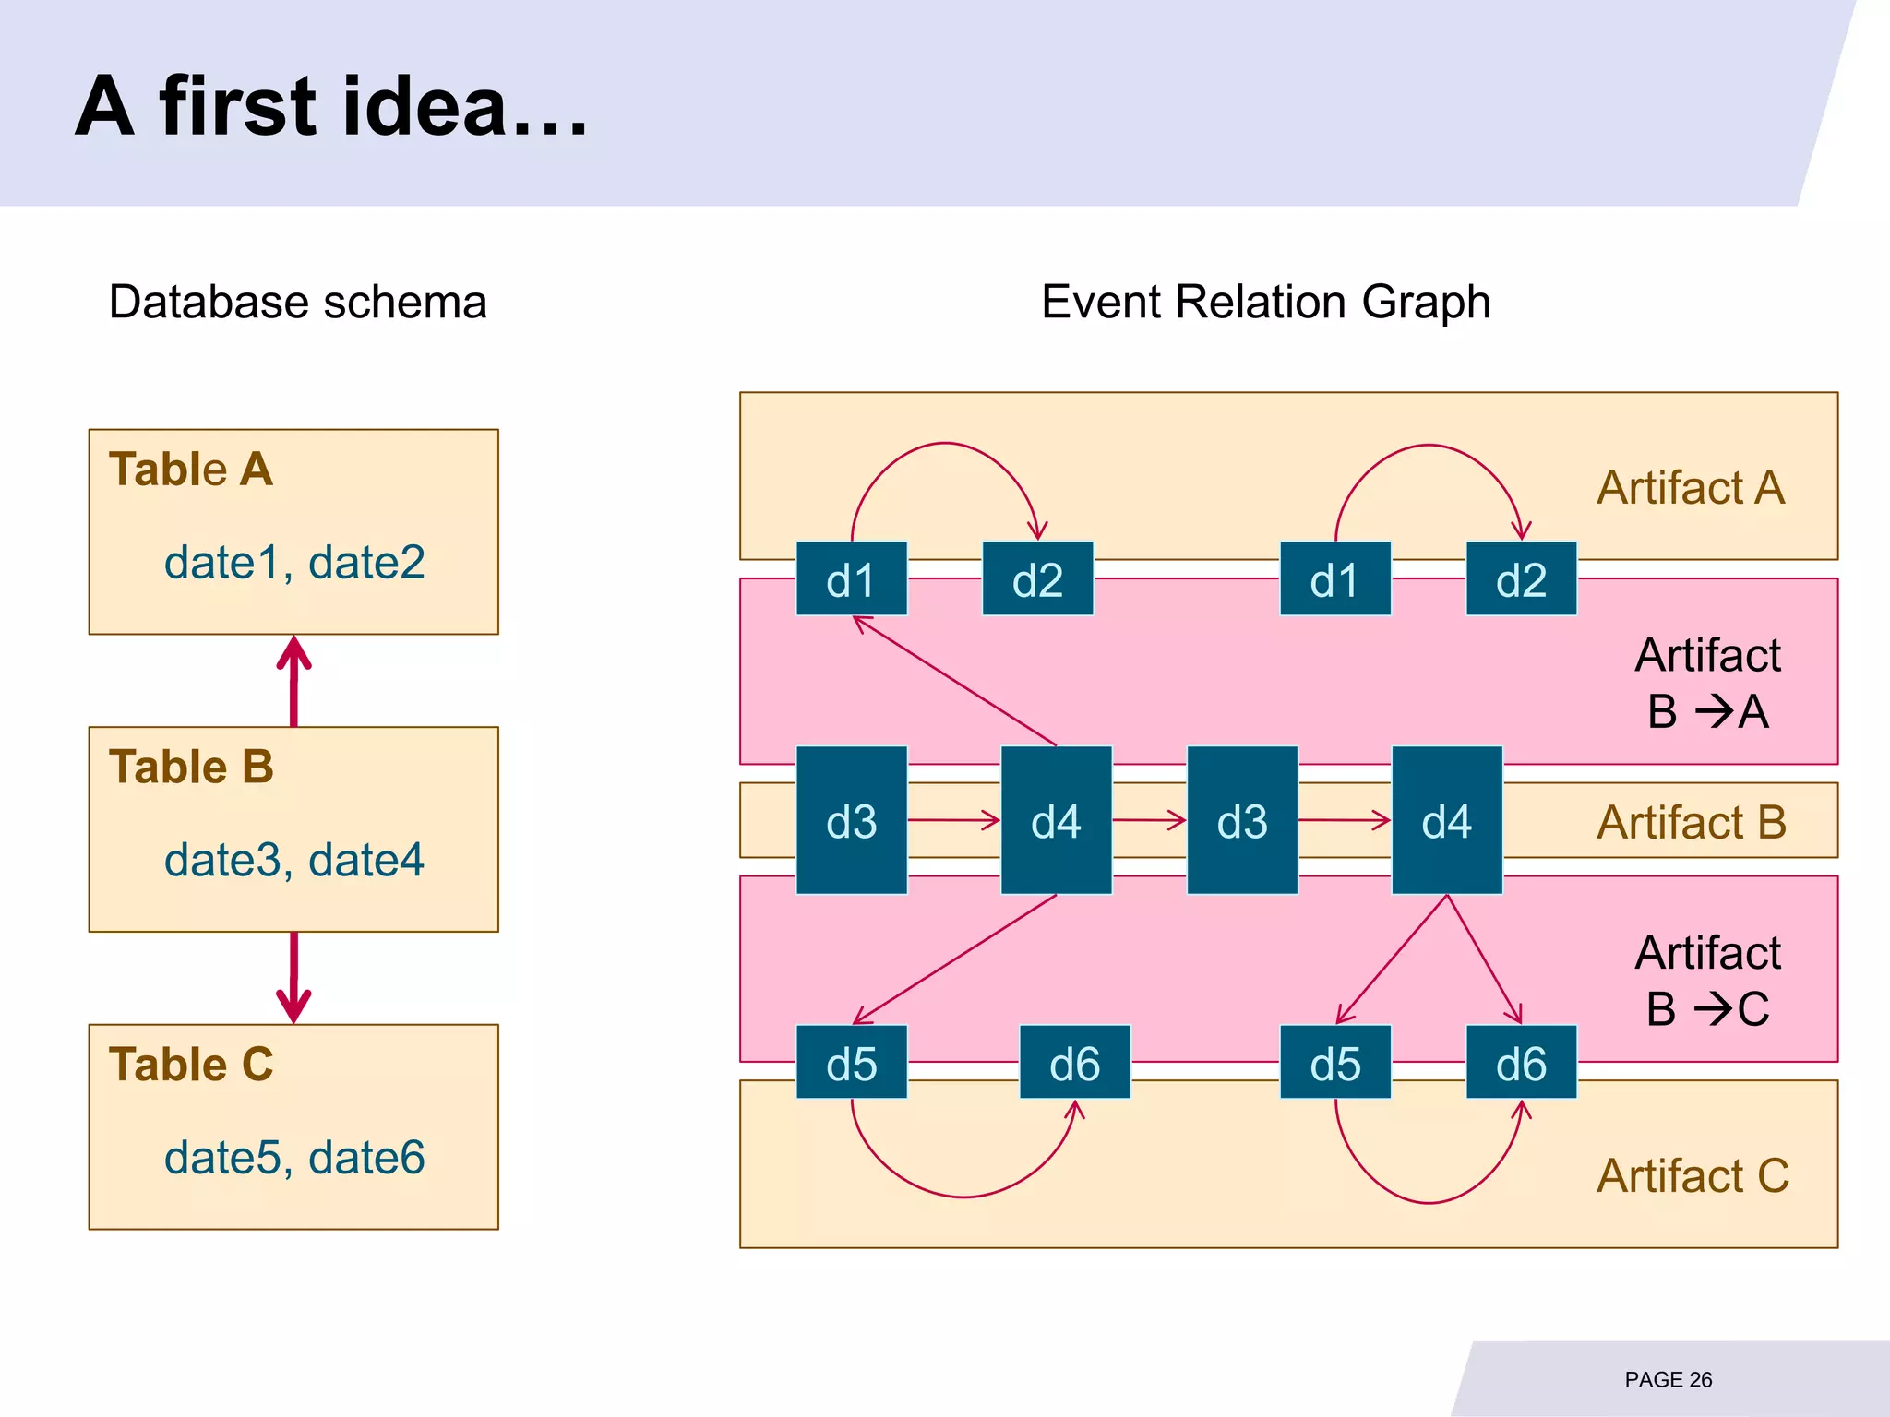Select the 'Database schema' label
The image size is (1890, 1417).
297,302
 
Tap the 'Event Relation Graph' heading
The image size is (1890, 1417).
1265,302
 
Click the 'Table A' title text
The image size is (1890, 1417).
191,470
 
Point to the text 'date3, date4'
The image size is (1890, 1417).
293,860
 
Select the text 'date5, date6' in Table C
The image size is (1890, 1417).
293,1158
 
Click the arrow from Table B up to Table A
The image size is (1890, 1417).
293,681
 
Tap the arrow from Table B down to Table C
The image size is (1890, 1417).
293,978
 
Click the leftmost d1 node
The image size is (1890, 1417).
851,579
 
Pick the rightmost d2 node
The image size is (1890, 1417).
1521,579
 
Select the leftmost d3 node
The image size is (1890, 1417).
851,820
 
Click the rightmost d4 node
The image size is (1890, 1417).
1446,820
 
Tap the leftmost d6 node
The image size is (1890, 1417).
1074,1063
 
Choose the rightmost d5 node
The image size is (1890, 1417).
1334,1063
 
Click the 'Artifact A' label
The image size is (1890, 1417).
1691,488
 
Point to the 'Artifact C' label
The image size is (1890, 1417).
1693,1176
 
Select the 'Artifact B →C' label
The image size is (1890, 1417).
1707,981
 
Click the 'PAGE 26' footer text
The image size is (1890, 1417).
1668,1380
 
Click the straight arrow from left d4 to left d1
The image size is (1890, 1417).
955,681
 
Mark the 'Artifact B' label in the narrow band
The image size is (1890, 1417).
1691,822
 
